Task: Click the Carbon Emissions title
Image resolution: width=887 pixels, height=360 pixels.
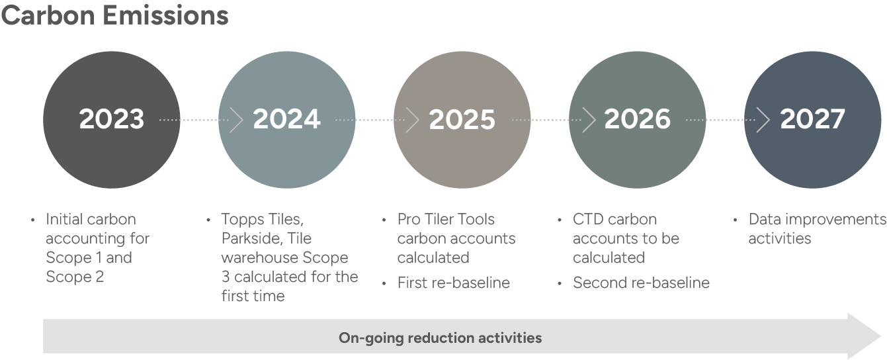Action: pos(114,16)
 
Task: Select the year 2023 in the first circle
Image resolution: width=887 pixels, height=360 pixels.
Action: pos(111,119)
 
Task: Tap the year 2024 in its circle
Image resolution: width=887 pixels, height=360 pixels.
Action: pos(286,119)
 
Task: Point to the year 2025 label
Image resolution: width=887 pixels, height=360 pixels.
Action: pos(462,119)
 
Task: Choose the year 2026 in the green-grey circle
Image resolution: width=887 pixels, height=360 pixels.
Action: pos(637,119)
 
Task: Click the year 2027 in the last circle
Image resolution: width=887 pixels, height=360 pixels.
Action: pos(812,119)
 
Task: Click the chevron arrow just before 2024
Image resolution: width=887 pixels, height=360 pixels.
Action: pos(237,120)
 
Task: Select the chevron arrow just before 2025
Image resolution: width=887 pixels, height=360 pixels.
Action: pos(413,120)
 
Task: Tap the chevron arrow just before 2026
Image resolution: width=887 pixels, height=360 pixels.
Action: pos(589,120)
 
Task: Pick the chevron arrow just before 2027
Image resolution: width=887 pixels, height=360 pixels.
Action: pos(763,120)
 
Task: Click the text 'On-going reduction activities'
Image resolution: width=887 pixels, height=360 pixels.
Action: pos(440,338)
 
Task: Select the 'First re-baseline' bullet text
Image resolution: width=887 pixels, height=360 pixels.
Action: pos(453,283)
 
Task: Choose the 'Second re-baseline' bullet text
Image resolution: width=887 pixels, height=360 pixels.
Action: pos(641,283)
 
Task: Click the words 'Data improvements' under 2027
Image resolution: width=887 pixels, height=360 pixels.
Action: pos(816,219)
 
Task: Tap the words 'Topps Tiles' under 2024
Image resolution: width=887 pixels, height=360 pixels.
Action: pos(262,219)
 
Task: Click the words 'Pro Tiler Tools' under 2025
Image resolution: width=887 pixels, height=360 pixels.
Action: pos(446,219)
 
